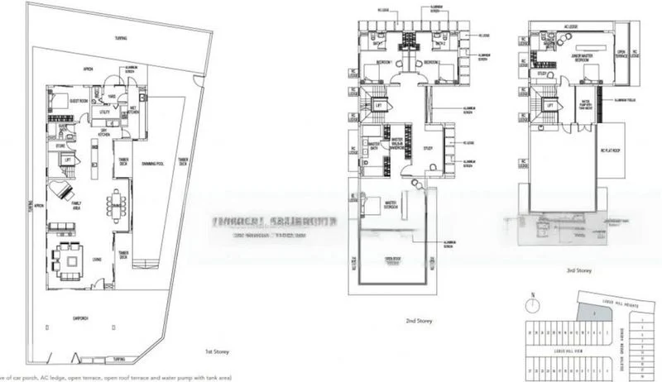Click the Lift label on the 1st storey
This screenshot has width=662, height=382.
click(x=68, y=160)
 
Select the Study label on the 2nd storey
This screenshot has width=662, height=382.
click(x=428, y=149)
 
